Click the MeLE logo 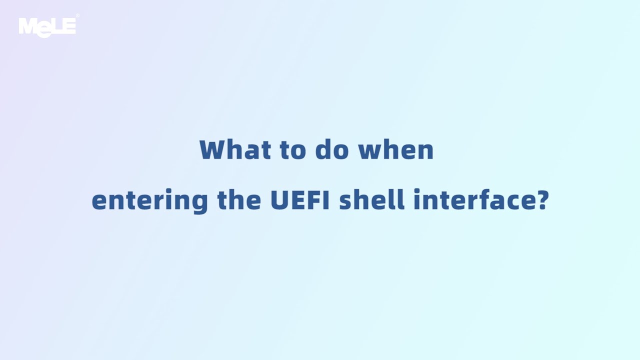[x=47, y=26]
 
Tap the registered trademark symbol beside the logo [x=77, y=16]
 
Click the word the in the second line [x=239, y=200]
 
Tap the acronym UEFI [x=299, y=200]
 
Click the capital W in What [x=210, y=149]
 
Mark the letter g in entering [x=199, y=203]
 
